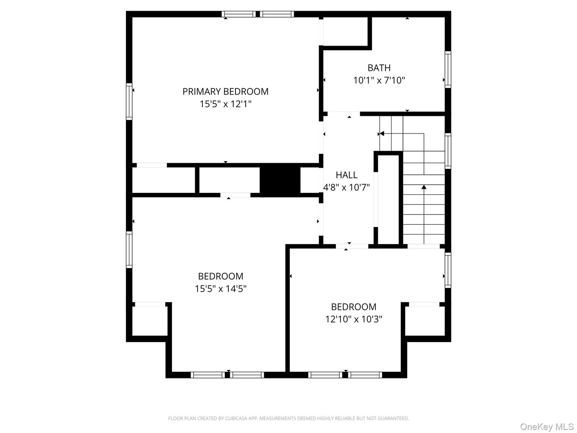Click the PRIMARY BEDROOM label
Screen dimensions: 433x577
pyautogui.click(x=225, y=91)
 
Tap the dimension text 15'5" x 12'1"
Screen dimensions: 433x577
pyautogui.click(x=225, y=104)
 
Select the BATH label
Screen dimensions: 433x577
pyautogui.click(x=379, y=68)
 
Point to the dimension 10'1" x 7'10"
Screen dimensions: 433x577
pyautogui.click(x=379, y=80)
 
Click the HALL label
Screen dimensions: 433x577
pyautogui.click(x=347, y=175)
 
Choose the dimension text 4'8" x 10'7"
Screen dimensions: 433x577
pyautogui.click(x=347, y=187)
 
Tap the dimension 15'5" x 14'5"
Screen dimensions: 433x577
pyautogui.click(x=220, y=289)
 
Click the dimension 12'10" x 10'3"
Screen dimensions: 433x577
pyautogui.click(x=354, y=319)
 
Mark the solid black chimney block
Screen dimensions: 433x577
pyautogui.click(x=280, y=180)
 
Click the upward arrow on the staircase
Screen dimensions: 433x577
pyautogui.click(x=424, y=187)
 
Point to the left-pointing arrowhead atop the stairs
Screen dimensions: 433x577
pyautogui.click(x=381, y=134)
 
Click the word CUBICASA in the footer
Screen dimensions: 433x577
pyautogui.click(x=227, y=419)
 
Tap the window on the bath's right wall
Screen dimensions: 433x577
pyautogui.click(x=448, y=69)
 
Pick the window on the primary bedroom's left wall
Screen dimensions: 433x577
pyautogui.click(x=129, y=101)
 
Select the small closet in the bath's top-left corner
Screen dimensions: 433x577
pyautogui.click(x=345, y=31)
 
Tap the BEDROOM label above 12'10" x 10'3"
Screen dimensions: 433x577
pyautogui.click(x=354, y=307)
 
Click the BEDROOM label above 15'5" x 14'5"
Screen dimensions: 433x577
pyautogui.click(x=220, y=276)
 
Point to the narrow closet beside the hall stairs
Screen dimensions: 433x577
pyautogui.click(x=388, y=198)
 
